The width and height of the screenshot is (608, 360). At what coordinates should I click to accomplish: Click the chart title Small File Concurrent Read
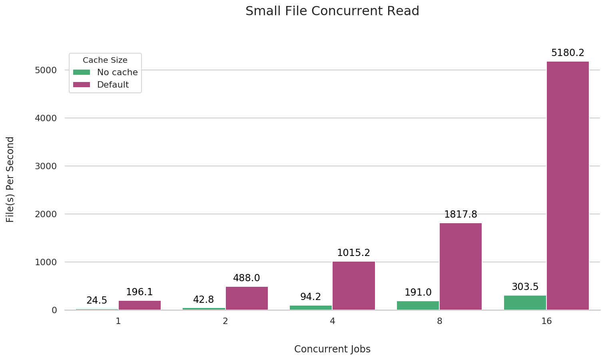332,11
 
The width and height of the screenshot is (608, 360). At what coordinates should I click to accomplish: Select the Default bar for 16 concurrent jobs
568,186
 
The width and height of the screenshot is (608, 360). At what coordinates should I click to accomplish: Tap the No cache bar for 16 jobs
525,302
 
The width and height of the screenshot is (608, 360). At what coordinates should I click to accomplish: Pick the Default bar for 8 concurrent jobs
460,266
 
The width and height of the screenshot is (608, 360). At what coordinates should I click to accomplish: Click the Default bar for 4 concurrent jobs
353,286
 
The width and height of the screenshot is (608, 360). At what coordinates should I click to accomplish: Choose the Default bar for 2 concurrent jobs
247,298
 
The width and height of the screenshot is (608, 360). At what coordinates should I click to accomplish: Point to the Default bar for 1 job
140,305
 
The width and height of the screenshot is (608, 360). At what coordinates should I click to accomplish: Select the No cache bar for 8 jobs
418,305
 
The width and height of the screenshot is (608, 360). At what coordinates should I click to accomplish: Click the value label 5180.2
568,53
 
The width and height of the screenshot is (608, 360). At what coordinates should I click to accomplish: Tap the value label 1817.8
460,214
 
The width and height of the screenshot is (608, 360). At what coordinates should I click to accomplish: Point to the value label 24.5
97,300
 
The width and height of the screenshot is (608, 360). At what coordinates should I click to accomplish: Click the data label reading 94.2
311,297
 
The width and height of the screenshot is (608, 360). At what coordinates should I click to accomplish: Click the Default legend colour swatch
82,85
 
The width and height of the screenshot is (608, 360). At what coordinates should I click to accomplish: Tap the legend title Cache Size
105,60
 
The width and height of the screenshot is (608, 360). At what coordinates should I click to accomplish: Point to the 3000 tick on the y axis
46,166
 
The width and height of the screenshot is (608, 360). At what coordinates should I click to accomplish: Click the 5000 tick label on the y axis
46,70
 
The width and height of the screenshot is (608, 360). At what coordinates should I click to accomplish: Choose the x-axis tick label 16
546,321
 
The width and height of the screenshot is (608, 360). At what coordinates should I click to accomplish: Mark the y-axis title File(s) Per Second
10,179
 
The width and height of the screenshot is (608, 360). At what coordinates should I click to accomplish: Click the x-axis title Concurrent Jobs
332,349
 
